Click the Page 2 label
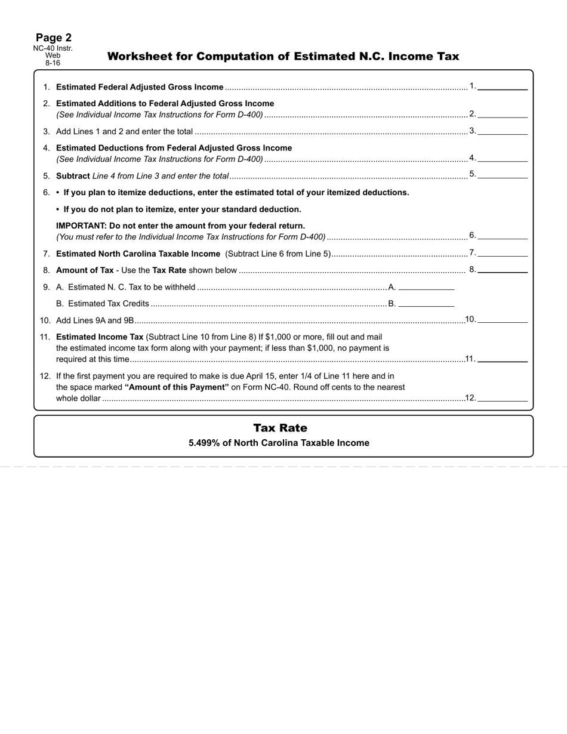pos(53,38)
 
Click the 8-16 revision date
pos(53,63)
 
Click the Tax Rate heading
pos(280,428)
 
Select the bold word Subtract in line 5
pos(73,176)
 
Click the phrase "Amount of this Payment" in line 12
pos(177,387)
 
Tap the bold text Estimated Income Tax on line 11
pos(100,337)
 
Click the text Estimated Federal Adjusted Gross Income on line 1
pos(140,87)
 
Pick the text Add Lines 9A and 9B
pos(95,320)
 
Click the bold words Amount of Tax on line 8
pos(85,270)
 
